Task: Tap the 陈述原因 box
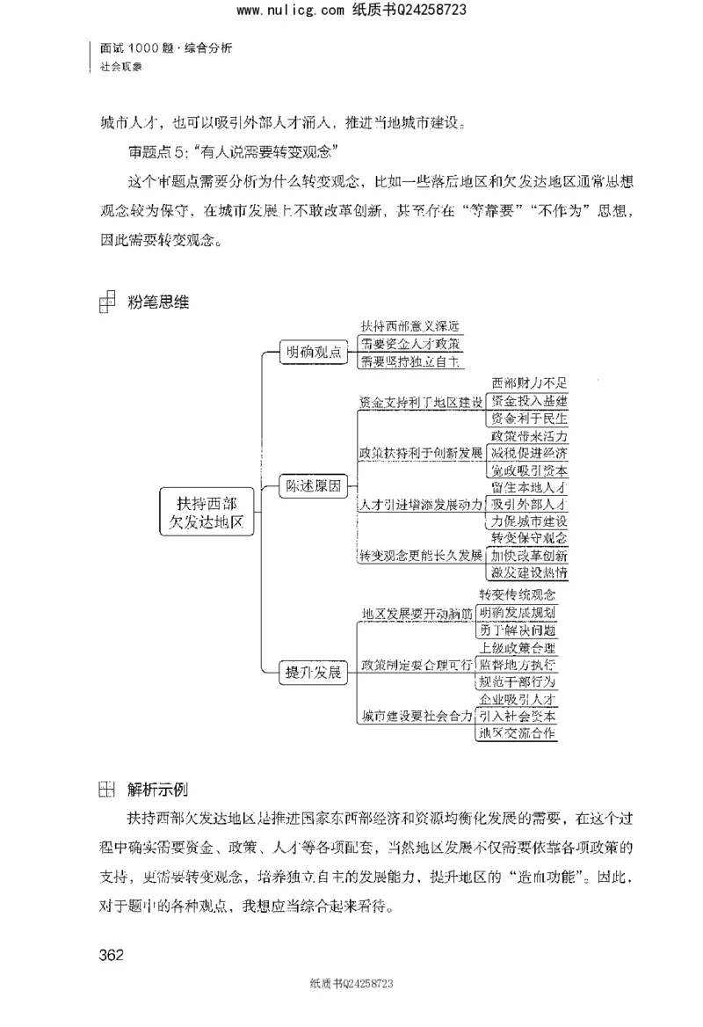309,486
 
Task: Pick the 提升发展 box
309,672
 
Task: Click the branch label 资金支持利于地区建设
420,402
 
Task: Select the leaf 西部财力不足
529,383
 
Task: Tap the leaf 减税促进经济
529,453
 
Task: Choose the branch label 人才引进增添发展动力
420,505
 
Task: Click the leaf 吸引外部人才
529,505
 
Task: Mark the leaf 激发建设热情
529,572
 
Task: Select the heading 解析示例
157,788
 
